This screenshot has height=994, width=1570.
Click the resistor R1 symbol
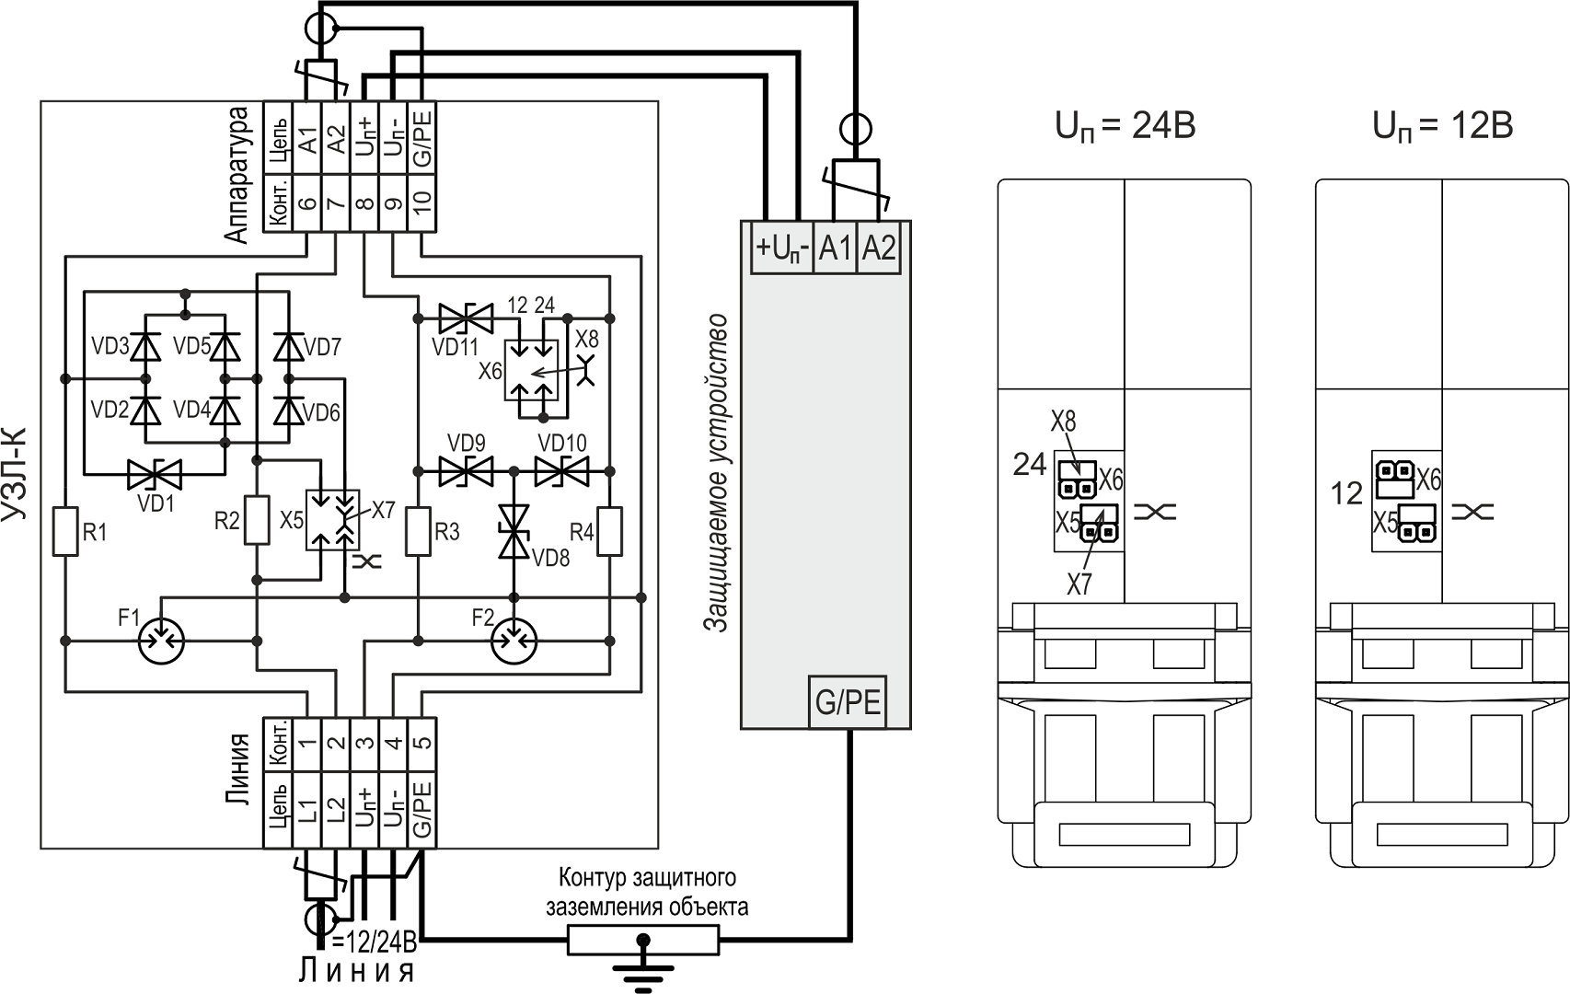[x=64, y=531]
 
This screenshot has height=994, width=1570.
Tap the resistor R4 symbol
[x=608, y=531]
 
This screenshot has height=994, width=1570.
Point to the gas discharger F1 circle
[x=161, y=639]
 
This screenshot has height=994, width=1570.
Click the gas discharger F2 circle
[x=514, y=639]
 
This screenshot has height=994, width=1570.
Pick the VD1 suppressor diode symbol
[x=154, y=475]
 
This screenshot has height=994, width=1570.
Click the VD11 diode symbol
[x=466, y=318]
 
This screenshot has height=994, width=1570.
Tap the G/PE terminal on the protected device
[x=848, y=703]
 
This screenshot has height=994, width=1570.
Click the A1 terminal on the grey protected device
[x=835, y=248]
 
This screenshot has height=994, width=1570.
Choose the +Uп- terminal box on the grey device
[x=782, y=248]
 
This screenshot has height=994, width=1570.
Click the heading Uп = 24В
[x=1125, y=125]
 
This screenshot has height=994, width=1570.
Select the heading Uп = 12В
[x=1442, y=125]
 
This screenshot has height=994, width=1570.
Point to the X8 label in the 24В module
[x=1063, y=422]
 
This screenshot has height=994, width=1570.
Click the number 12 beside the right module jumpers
[x=1346, y=494]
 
